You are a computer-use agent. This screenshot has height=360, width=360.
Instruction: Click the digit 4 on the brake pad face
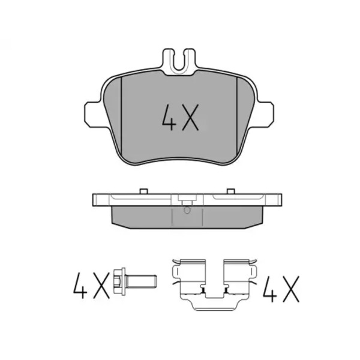pos(169,118)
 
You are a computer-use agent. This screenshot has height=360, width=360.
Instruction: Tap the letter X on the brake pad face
pos(190,118)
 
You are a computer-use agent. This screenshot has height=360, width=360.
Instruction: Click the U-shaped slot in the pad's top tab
pos(179,60)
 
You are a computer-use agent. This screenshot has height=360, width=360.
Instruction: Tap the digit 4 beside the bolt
pos(80,286)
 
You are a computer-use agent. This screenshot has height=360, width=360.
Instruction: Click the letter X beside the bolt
pos(101,286)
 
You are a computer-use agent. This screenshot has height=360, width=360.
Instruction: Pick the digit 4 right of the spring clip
pos(270,289)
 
